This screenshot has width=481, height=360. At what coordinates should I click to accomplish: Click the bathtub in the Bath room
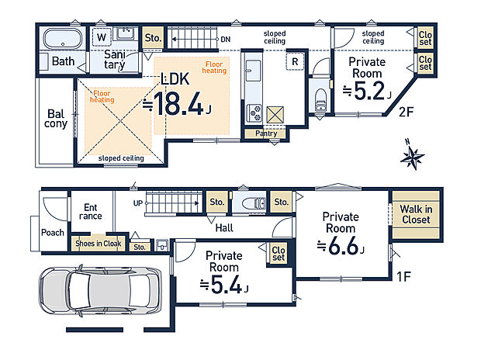click(x=63, y=39)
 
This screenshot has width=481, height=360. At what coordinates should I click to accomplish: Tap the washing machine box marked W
click(x=102, y=37)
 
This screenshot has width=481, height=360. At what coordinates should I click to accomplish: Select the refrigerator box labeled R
click(x=295, y=61)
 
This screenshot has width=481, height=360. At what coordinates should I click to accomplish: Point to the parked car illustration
click(x=100, y=290)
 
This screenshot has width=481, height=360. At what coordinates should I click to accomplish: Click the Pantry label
click(x=266, y=133)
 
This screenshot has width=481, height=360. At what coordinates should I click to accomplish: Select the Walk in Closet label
click(x=416, y=214)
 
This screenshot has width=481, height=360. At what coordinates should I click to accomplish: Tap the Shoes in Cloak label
click(x=99, y=244)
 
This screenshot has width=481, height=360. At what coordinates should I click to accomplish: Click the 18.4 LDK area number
click(x=178, y=104)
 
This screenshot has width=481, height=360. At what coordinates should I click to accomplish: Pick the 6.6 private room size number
click(x=343, y=246)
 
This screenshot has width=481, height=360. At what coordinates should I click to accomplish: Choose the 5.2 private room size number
click(x=369, y=91)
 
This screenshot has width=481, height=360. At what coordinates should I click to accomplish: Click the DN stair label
click(x=226, y=40)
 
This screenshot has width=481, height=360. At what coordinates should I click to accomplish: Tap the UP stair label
click(x=138, y=203)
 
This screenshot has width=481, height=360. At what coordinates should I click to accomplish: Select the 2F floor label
click(x=407, y=112)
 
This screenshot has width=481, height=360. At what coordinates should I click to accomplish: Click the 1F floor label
click(x=403, y=276)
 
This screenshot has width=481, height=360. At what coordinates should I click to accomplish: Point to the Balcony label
click(x=56, y=119)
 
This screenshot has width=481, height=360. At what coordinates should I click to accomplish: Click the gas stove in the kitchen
click(x=254, y=112)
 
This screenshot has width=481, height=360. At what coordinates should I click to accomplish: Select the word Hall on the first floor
click(x=224, y=228)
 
